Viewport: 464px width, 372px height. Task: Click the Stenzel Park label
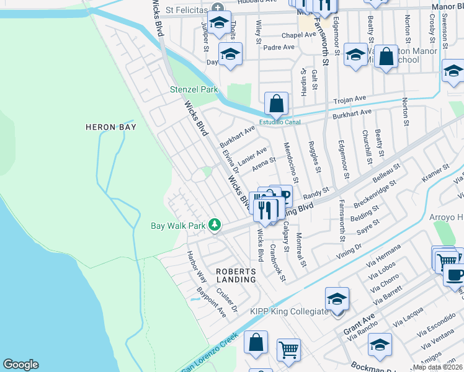194,89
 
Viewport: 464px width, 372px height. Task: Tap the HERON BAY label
109,127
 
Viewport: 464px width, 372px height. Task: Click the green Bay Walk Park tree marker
215,224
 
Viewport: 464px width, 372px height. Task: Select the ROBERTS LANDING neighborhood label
236,276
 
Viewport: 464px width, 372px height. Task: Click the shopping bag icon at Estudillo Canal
276,104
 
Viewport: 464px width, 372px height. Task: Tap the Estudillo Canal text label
280,122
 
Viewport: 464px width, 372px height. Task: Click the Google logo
20,365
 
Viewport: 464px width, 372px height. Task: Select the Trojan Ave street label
350,99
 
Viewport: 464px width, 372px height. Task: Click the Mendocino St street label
290,162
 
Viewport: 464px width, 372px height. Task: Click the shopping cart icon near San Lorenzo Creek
288,350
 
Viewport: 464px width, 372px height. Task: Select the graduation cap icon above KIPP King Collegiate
337,299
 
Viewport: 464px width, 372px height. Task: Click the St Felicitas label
187,11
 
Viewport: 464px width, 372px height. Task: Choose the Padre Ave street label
279,47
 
